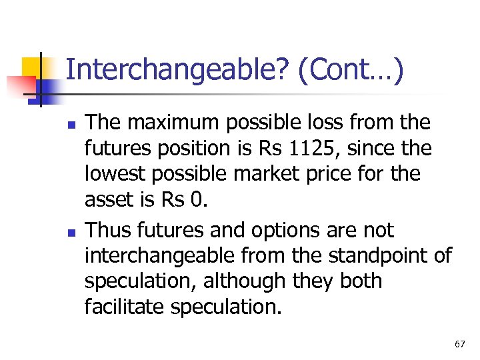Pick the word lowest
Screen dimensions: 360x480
coord(115,174)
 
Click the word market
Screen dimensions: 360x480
coord(260,174)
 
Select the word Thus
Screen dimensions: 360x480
coord(109,231)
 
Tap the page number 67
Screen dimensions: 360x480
coord(459,344)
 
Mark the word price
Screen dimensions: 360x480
coord(332,174)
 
